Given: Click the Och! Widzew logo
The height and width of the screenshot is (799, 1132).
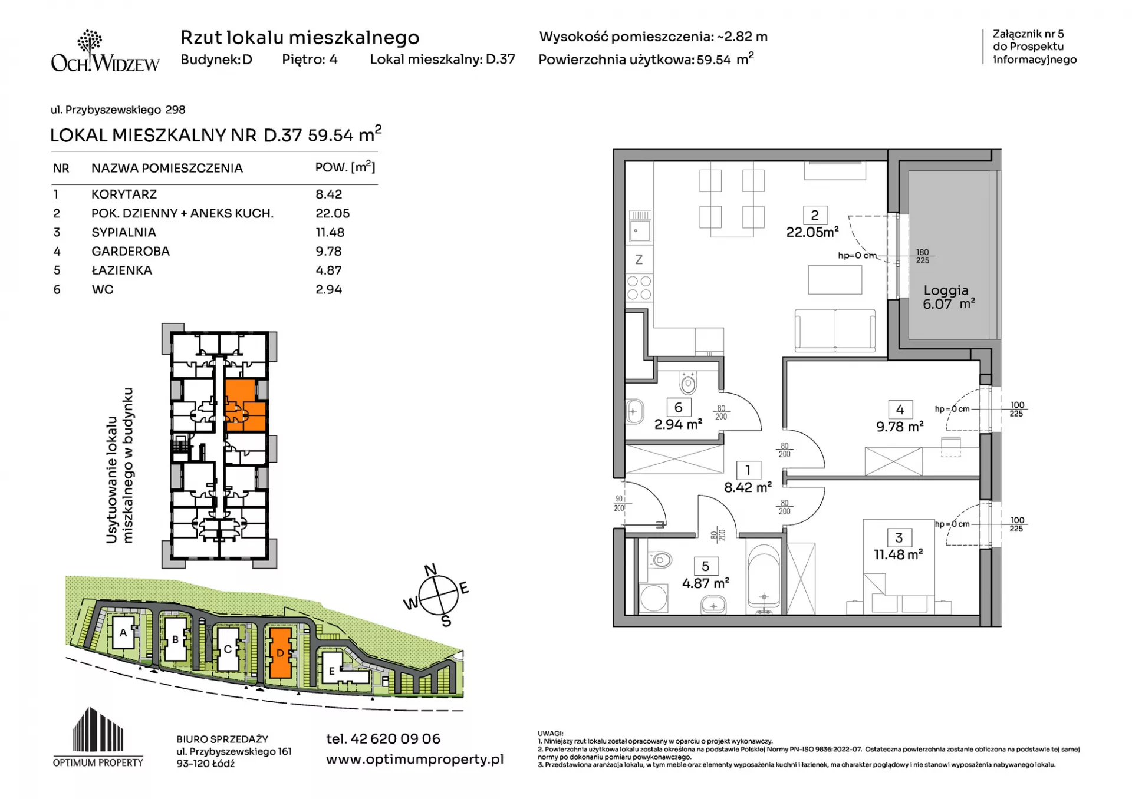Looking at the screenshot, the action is (105, 51).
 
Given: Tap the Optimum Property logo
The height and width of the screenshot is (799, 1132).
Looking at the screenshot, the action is (98, 737).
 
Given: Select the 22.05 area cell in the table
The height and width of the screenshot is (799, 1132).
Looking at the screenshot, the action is (333, 213).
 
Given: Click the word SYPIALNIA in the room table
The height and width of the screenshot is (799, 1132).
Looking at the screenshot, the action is (124, 232).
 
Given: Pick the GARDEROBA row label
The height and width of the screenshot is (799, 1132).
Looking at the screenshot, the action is (130, 252).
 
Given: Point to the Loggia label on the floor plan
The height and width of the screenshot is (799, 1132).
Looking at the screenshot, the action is (946, 290).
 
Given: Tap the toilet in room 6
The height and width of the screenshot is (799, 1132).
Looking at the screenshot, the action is (688, 383).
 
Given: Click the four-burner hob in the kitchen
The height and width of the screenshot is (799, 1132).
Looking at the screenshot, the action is (639, 288).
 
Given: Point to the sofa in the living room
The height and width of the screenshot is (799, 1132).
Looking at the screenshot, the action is (835, 331).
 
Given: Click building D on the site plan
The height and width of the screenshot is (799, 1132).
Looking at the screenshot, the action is (280, 652).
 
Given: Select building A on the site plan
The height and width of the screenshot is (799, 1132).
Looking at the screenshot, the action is (123, 633).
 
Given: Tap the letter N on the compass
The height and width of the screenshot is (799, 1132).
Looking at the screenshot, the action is (431, 570).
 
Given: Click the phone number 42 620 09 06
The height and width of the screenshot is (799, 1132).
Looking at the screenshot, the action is (395, 738).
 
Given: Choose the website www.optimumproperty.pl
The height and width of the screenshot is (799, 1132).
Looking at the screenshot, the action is (414, 760).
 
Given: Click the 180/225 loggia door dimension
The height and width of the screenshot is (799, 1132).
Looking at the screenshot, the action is (923, 256).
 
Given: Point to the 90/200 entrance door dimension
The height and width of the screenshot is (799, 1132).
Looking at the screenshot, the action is (619, 503).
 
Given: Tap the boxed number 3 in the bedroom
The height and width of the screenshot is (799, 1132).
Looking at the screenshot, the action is (899, 537).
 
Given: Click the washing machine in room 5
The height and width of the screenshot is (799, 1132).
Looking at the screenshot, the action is (654, 599).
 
